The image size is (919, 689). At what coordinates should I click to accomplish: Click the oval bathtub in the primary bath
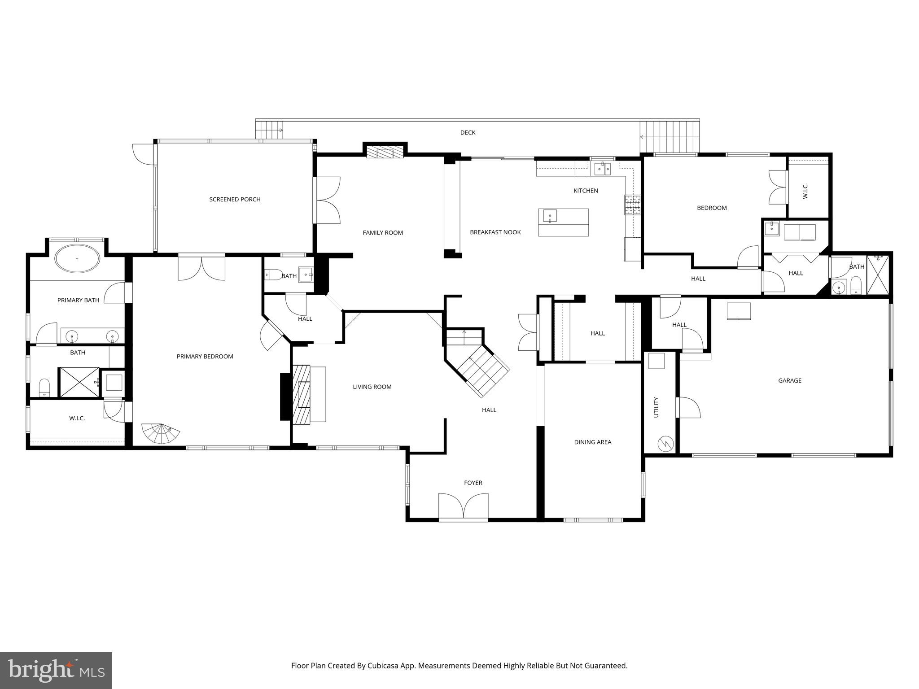click(x=77, y=258)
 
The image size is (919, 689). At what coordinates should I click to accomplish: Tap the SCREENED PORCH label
click(x=235, y=199)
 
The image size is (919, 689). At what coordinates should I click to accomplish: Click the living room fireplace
click(x=302, y=394)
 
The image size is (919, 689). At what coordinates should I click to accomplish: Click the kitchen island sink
click(x=550, y=216)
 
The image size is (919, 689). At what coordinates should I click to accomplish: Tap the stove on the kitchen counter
click(x=633, y=205)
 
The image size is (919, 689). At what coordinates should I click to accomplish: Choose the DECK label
click(x=468, y=132)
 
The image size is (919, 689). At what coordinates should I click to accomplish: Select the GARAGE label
click(x=789, y=380)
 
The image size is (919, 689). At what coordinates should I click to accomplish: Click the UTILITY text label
click(x=656, y=407)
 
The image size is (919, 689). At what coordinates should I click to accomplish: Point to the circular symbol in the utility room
click(x=665, y=444)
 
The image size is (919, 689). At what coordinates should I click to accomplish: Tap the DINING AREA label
click(x=592, y=442)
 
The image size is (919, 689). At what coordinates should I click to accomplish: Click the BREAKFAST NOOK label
click(x=495, y=232)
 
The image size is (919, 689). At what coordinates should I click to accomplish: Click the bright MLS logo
click(x=56, y=671)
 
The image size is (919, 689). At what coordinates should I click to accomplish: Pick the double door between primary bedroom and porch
click(x=201, y=267)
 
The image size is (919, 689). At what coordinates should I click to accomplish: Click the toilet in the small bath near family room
click(x=272, y=274)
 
